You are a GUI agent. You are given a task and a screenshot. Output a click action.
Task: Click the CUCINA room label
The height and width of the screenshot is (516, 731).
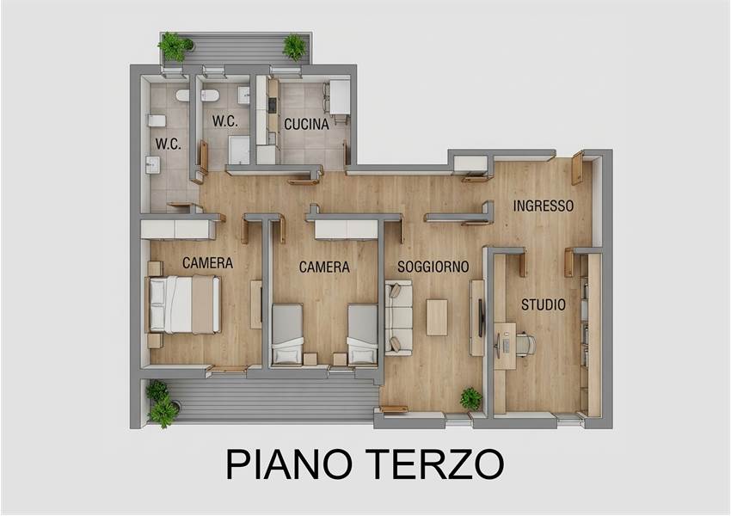pos(306,125)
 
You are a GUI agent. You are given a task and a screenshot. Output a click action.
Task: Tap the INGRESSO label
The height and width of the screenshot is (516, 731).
pos(544,206)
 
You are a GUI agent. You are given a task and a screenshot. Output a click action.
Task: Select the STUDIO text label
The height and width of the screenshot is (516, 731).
pos(544,304)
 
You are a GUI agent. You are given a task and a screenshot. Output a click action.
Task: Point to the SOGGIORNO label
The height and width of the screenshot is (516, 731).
pos(433,267)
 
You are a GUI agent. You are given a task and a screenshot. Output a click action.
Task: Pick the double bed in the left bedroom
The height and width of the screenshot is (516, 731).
pos(184,304)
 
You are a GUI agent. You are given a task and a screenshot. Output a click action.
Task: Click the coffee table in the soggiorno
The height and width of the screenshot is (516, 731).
pos(437,317)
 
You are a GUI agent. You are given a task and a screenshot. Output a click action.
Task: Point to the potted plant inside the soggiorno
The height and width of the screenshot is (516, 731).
pos(471,398)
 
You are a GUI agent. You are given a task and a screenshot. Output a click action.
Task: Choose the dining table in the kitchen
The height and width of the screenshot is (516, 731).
pos(340,97)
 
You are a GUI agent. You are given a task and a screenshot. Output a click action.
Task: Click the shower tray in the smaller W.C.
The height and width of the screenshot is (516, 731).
pos(238,150)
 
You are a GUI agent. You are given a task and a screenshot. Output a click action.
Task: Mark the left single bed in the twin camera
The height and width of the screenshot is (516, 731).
pos(286,334)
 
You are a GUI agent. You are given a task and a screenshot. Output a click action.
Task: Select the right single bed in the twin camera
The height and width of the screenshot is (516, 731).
pos(362,334)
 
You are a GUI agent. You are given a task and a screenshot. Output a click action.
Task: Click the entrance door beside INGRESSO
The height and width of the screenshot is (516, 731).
pos(578,168)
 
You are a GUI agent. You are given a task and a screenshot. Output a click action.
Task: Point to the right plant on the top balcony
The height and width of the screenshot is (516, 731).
pos(294,47)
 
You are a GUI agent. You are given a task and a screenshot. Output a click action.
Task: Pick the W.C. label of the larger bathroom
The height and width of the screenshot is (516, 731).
pos(169,144)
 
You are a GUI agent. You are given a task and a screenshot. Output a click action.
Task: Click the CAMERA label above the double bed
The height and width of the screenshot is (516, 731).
pos(207,263)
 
